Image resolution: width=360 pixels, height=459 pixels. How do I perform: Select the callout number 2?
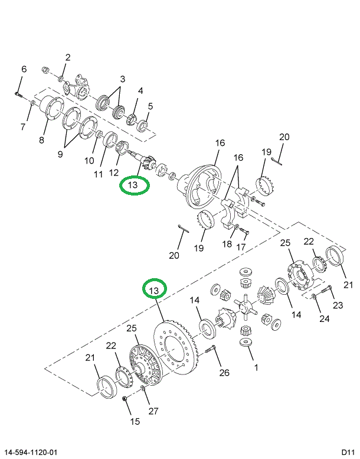pos(68,57)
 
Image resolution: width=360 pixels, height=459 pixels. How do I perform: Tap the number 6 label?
pos(24,69)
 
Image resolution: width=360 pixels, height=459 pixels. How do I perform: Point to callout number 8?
pos(41,140)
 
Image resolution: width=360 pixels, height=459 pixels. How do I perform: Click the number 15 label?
pos(135,421)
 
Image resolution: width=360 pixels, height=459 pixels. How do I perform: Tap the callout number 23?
pos(338,305)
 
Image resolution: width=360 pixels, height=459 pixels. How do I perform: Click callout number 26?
pos(224,372)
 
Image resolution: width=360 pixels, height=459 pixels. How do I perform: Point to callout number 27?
pos(153,411)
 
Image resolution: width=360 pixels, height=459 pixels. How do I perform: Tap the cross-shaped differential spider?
pos(246,307)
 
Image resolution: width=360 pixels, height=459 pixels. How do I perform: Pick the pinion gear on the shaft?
pos(145,160)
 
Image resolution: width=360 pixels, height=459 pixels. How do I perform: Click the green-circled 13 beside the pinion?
pos(135,185)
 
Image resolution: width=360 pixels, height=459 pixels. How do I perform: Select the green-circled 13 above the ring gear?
pos(153,291)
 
